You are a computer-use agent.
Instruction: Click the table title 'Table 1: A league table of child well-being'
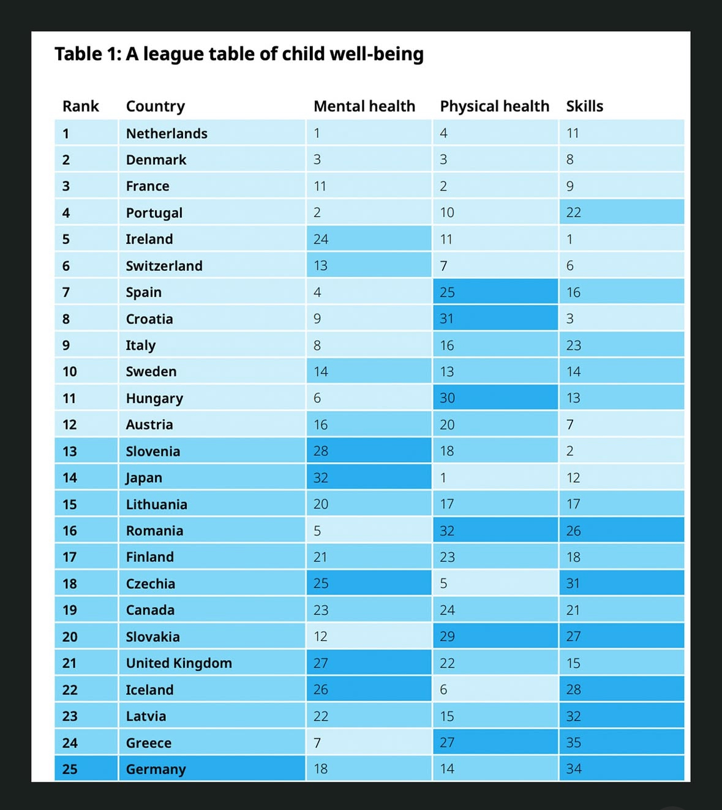click(239, 55)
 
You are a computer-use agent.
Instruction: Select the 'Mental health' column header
click(364, 107)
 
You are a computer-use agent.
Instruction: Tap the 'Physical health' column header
click(494, 107)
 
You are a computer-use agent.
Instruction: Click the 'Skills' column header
click(584, 107)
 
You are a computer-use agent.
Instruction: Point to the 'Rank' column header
click(80, 107)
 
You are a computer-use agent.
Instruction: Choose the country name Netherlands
click(167, 134)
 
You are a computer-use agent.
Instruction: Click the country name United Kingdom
click(179, 663)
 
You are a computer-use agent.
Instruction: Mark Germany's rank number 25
click(70, 769)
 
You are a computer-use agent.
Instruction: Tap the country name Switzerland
click(164, 266)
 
